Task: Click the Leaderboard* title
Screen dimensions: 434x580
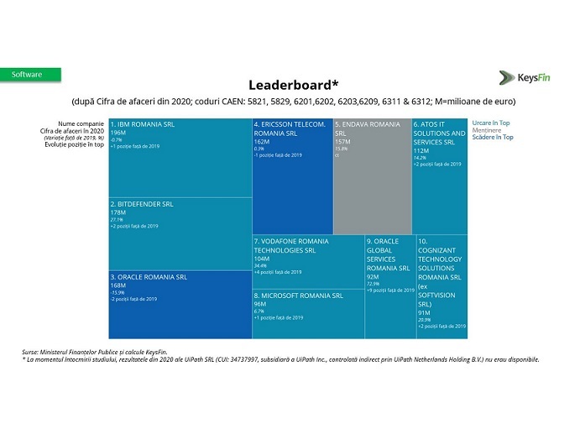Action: coord(293,85)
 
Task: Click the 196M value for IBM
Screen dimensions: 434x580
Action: coord(118,133)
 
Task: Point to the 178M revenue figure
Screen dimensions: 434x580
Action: coord(118,212)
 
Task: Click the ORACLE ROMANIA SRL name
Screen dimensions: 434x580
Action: coord(149,276)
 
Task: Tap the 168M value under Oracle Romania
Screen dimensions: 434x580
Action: coord(118,285)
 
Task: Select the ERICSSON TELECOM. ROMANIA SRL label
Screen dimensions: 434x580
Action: coord(290,128)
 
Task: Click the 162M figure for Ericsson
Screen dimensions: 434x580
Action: coord(262,142)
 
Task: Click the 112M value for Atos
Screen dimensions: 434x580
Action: coord(421,151)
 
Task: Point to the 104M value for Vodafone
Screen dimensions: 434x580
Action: coord(263,259)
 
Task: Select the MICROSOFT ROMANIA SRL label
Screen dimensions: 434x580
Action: coord(298,295)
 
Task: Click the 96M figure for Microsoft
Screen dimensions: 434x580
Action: coord(260,304)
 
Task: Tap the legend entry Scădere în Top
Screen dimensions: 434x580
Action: coord(493,137)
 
